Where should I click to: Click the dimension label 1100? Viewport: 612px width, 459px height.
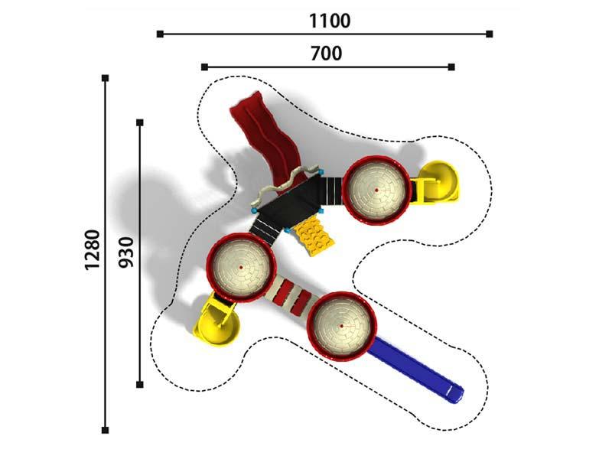(x=330, y=21)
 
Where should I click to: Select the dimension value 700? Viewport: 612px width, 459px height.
(x=327, y=54)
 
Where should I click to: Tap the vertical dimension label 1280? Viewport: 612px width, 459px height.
(x=93, y=250)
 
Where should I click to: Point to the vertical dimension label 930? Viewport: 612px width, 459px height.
(x=126, y=252)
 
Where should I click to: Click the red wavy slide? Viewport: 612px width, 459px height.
(x=269, y=141)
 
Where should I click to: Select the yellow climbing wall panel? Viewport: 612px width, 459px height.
(x=314, y=236)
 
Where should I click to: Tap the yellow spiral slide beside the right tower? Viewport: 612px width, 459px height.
(x=437, y=182)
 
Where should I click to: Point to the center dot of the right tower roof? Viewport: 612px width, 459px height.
(x=376, y=190)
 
